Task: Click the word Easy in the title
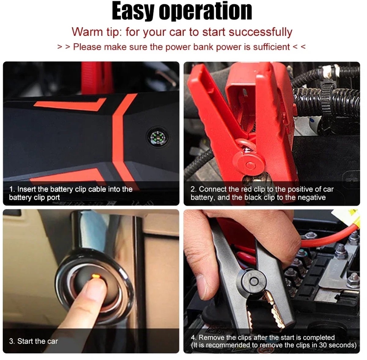133,11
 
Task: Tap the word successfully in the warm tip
261,32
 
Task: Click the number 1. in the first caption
12,189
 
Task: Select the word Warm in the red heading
87,32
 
